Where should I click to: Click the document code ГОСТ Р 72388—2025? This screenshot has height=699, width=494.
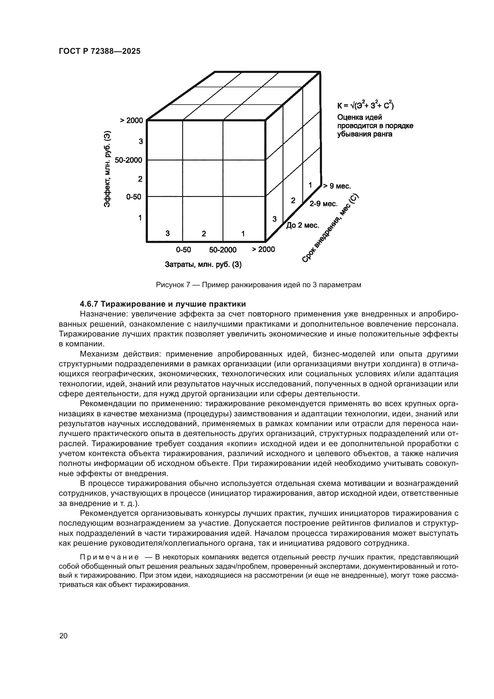pos(99,51)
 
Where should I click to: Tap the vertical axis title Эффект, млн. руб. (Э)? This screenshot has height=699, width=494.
pos(107,169)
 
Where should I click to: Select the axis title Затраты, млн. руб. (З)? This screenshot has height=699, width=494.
pos(203,264)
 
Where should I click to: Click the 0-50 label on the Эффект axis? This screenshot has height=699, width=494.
pos(134,197)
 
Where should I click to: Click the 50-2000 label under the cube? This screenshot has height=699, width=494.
pos(223,250)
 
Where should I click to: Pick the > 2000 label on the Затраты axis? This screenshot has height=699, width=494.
pos(263,249)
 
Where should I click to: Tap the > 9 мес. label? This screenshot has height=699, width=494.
pos(337,186)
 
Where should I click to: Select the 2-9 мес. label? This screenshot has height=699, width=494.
pos(323,204)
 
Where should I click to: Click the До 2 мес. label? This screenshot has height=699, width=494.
pos(302,225)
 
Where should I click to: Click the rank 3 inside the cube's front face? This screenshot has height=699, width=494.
pos(167,233)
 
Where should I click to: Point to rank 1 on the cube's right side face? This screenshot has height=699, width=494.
pos(310,185)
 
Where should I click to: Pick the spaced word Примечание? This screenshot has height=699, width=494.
pos(109,557)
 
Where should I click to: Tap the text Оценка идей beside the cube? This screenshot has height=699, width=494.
pos(360,117)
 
